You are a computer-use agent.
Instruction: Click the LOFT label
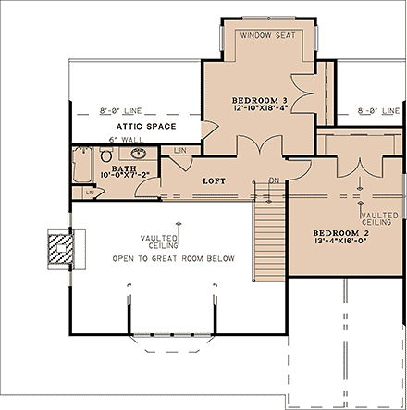pos(216,180)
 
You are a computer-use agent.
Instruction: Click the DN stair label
pos(273,181)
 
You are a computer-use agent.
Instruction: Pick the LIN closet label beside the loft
pos(180,150)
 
